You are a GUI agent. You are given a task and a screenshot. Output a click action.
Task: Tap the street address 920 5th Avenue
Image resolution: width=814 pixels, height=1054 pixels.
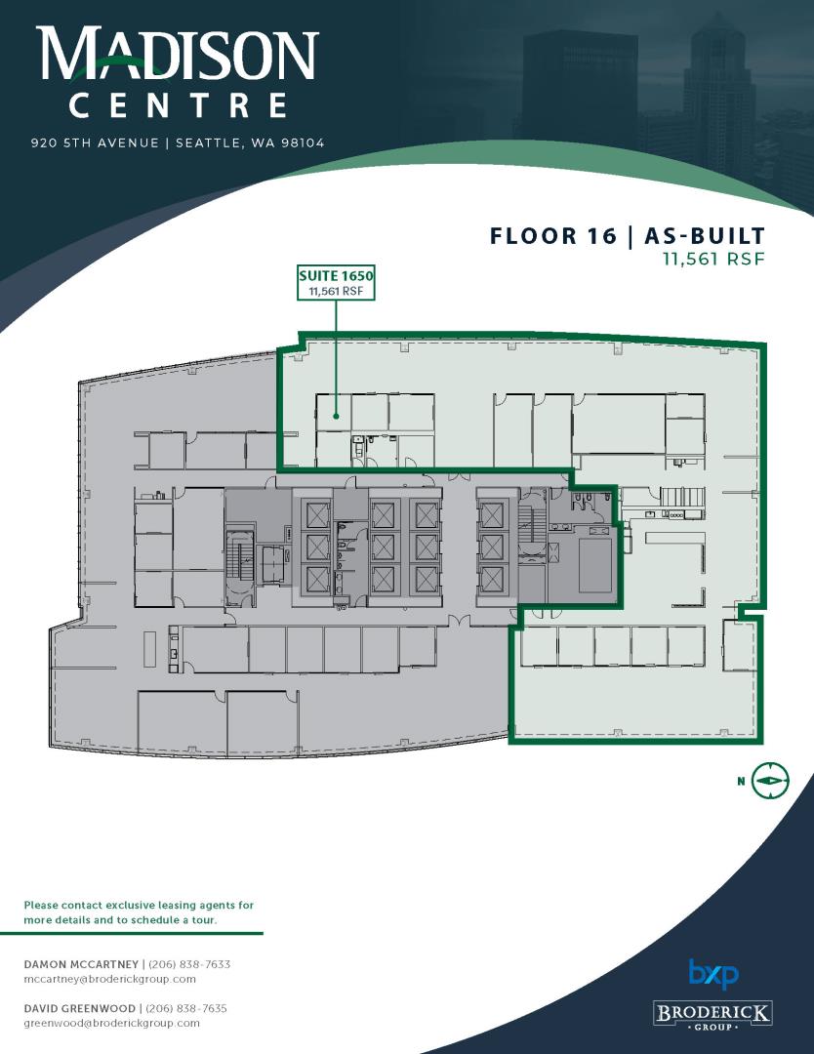point(95,142)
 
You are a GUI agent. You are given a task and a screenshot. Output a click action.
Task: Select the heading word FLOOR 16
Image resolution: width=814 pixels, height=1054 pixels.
point(553,236)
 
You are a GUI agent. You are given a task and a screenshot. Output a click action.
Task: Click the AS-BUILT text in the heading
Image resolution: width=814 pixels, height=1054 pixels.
point(705,236)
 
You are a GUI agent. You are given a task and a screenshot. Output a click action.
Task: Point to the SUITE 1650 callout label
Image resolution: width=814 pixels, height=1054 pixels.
point(336,282)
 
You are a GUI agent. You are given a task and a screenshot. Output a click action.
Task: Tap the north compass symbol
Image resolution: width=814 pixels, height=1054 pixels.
point(770,781)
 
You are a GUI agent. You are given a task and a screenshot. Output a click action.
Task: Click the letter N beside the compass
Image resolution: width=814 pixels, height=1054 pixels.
point(741,781)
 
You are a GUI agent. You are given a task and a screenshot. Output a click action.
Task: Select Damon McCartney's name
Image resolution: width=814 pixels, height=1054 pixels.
point(81,964)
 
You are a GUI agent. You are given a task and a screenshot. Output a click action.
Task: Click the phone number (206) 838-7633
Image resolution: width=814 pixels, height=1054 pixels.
point(189,964)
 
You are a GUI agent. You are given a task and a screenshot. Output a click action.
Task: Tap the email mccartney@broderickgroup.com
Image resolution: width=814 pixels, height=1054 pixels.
point(110,979)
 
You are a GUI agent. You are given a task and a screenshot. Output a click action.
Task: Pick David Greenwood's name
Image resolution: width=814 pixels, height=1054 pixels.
point(79,1008)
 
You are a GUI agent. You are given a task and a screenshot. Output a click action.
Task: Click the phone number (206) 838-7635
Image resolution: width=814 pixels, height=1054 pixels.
point(186,1008)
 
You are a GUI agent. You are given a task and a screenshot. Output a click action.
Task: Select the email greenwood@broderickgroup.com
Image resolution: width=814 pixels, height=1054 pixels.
point(111,1023)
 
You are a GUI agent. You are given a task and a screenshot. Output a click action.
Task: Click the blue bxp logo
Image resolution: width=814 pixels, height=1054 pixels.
point(713,974)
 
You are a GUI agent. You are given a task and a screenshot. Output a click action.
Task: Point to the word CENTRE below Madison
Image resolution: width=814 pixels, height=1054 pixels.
point(179,106)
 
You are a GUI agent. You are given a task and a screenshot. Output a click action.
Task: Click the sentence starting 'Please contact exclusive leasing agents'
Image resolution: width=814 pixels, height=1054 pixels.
point(140,912)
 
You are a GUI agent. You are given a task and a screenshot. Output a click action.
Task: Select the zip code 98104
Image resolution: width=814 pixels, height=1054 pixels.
point(304,142)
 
